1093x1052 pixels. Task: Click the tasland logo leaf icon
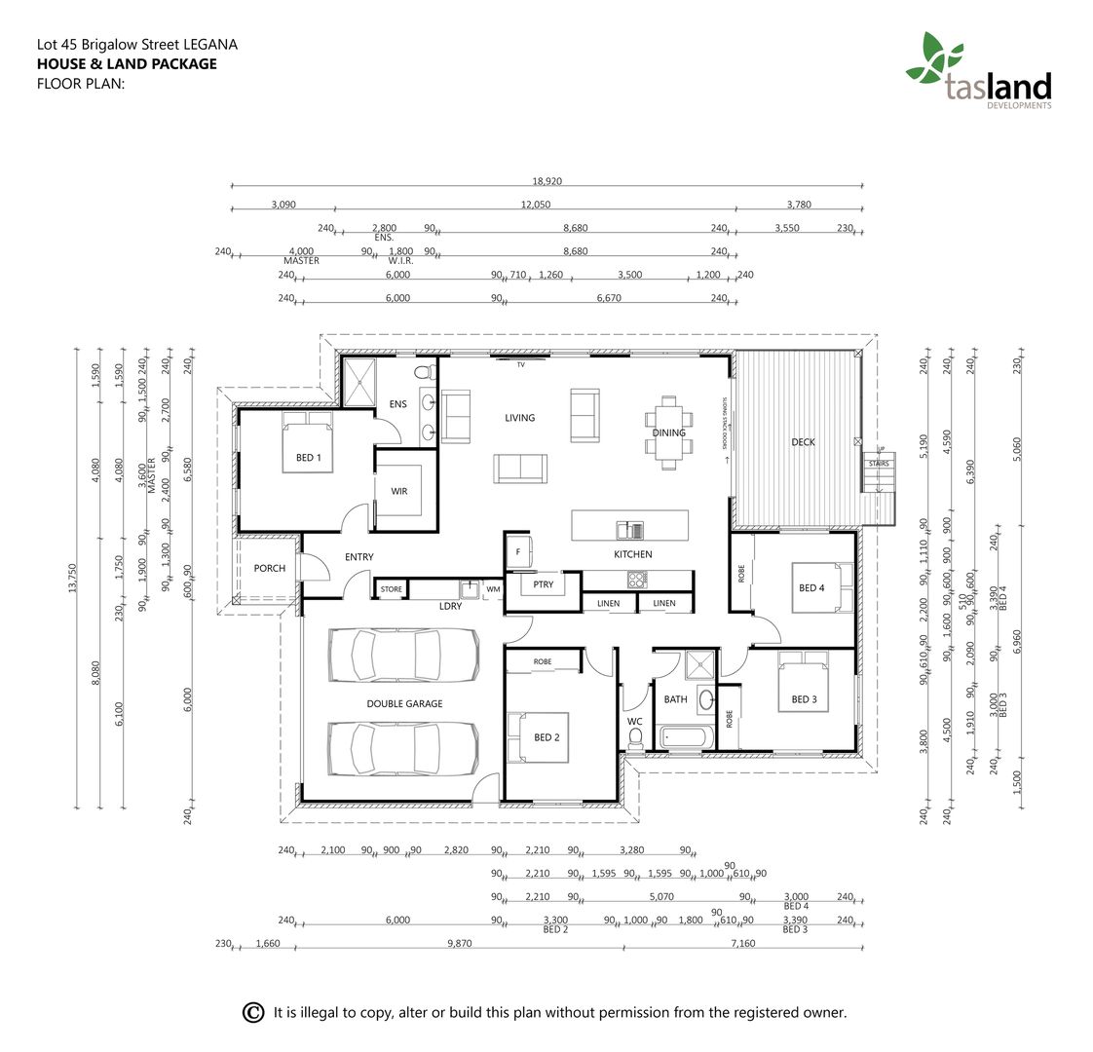click(933, 57)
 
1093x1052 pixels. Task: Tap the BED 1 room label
click(308, 457)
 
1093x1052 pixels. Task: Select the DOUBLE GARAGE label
click(404, 703)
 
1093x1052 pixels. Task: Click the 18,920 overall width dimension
click(546, 181)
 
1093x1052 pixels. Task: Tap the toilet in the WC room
click(635, 741)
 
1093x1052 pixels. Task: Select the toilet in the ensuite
click(424, 371)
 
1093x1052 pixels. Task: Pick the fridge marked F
click(517, 551)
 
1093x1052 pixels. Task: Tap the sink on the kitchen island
click(629, 530)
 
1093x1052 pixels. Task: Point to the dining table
click(668, 432)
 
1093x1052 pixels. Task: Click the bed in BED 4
click(820, 587)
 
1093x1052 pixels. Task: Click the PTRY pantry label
click(543, 584)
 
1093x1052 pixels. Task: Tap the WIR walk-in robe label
click(399, 491)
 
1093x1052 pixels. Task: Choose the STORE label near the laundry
click(391, 589)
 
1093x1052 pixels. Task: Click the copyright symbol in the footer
click(252, 1012)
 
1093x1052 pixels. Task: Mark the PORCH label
click(269, 568)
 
